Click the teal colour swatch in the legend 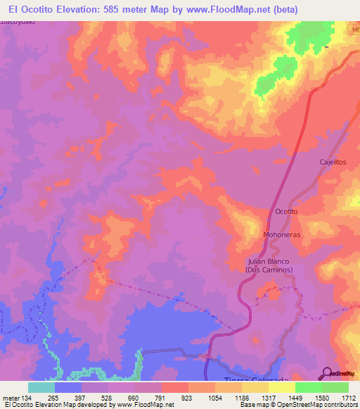pos(41,387)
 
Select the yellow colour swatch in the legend pos(282,387)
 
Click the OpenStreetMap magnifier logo pos(327,373)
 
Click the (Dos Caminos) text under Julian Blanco pos(269,270)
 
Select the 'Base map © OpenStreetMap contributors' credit pos(298,405)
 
